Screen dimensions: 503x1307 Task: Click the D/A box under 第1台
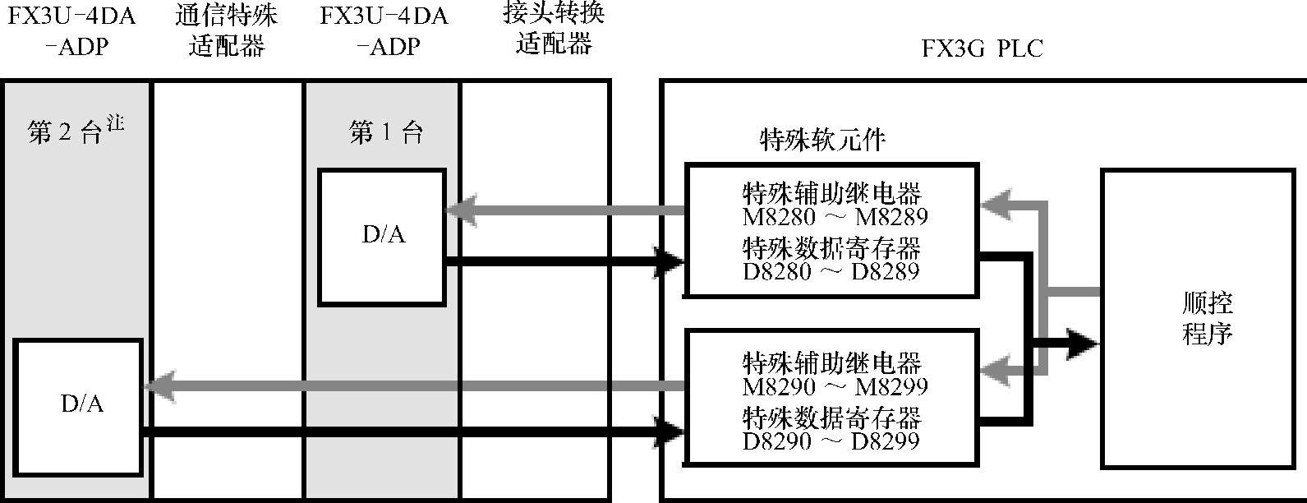[x=382, y=237]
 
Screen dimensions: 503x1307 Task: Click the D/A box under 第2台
[x=79, y=406]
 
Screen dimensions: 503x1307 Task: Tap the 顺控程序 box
[x=1206, y=318]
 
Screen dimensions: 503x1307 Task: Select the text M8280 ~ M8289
[x=835, y=217]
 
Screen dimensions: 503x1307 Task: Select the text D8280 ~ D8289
[x=831, y=271]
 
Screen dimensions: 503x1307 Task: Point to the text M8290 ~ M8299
[x=835, y=386]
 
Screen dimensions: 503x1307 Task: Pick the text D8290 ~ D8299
[x=831, y=441]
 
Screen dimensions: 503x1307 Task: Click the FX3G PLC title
[x=982, y=48]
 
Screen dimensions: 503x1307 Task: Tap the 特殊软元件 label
[x=822, y=141]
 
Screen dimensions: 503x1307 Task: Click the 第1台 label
[x=386, y=132]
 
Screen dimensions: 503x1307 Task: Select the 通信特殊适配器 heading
[x=227, y=30]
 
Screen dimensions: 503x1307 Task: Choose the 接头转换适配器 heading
[x=554, y=29]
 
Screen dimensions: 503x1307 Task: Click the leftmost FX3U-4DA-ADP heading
[x=71, y=30]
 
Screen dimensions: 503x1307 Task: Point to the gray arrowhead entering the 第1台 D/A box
[x=460, y=210]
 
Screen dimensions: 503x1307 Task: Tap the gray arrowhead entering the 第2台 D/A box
[x=158, y=385]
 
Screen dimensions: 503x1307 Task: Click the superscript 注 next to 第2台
[x=115, y=123]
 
